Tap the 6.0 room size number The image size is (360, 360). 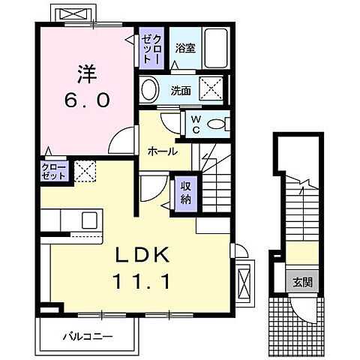point(85,99)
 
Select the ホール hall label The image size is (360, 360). point(163,151)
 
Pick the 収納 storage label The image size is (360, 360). point(184,193)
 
